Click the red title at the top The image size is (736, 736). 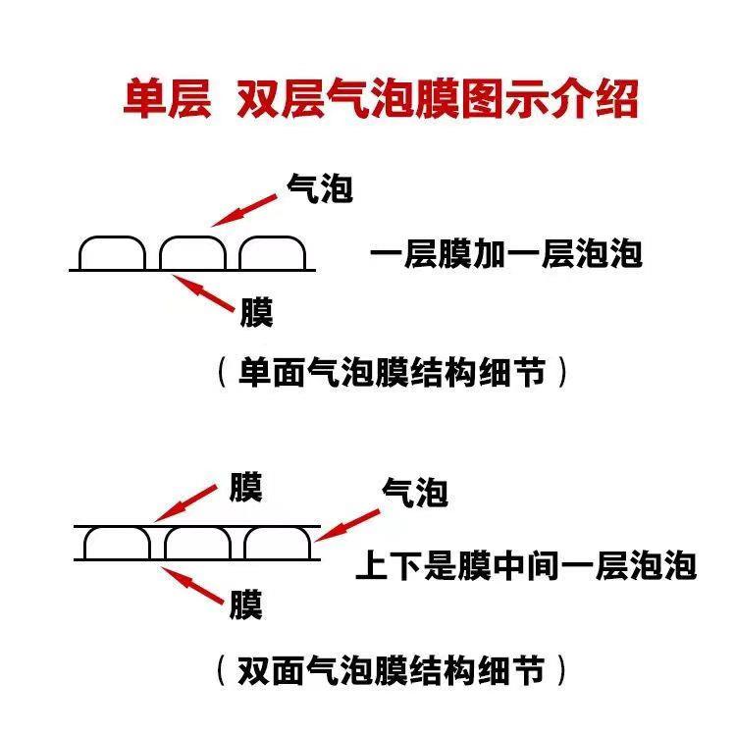click(x=381, y=100)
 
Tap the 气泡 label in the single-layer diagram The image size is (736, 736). click(x=319, y=188)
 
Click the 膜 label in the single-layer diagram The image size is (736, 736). click(x=257, y=313)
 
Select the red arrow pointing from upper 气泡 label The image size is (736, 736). click(x=246, y=209)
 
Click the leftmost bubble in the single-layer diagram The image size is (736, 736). click(x=112, y=253)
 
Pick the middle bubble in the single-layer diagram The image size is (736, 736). click(x=192, y=253)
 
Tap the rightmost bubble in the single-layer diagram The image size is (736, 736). click(x=273, y=253)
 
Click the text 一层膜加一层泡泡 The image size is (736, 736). click(x=506, y=254)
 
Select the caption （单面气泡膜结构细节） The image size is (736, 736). click(x=392, y=372)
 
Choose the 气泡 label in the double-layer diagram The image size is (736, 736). click(x=414, y=492)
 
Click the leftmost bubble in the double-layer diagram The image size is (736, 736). click(x=117, y=544)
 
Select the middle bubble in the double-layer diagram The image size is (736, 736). click(x=197, y=544)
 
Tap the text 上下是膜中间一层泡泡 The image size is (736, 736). click(x=526, y=566)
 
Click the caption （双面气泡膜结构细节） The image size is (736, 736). click(x=392, y=671)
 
